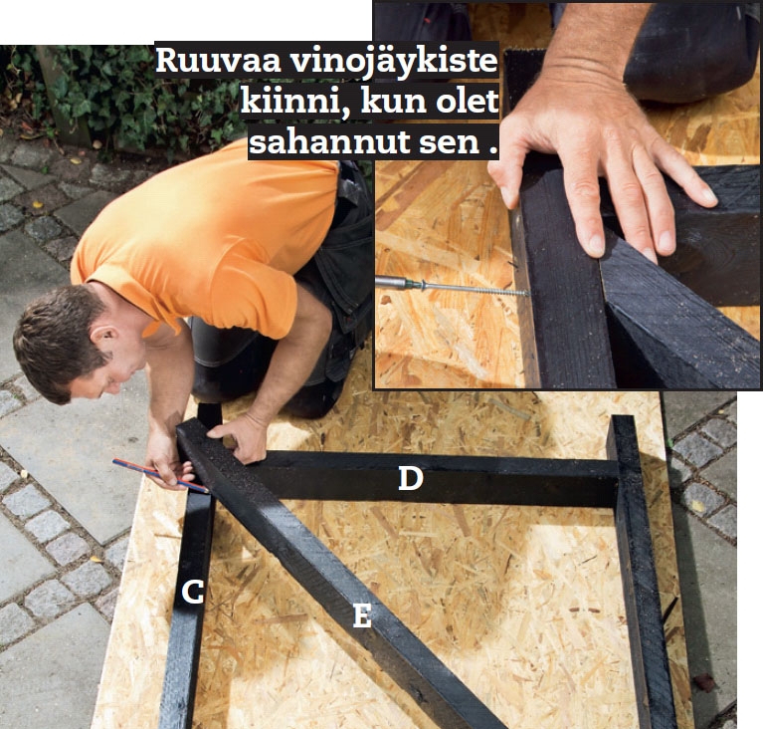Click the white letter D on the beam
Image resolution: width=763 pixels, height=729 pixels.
point(410,478)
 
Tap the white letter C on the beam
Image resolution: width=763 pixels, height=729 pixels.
point(192,593)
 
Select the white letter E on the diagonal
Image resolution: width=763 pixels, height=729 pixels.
point(362,615)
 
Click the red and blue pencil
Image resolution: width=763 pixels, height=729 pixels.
point(160,476)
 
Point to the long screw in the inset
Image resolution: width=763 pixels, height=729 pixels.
point(477,289)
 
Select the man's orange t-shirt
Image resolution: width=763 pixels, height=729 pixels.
point(204,244)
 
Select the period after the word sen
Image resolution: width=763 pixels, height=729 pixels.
point(493,152)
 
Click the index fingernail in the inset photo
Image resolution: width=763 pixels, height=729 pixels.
point(596,245)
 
